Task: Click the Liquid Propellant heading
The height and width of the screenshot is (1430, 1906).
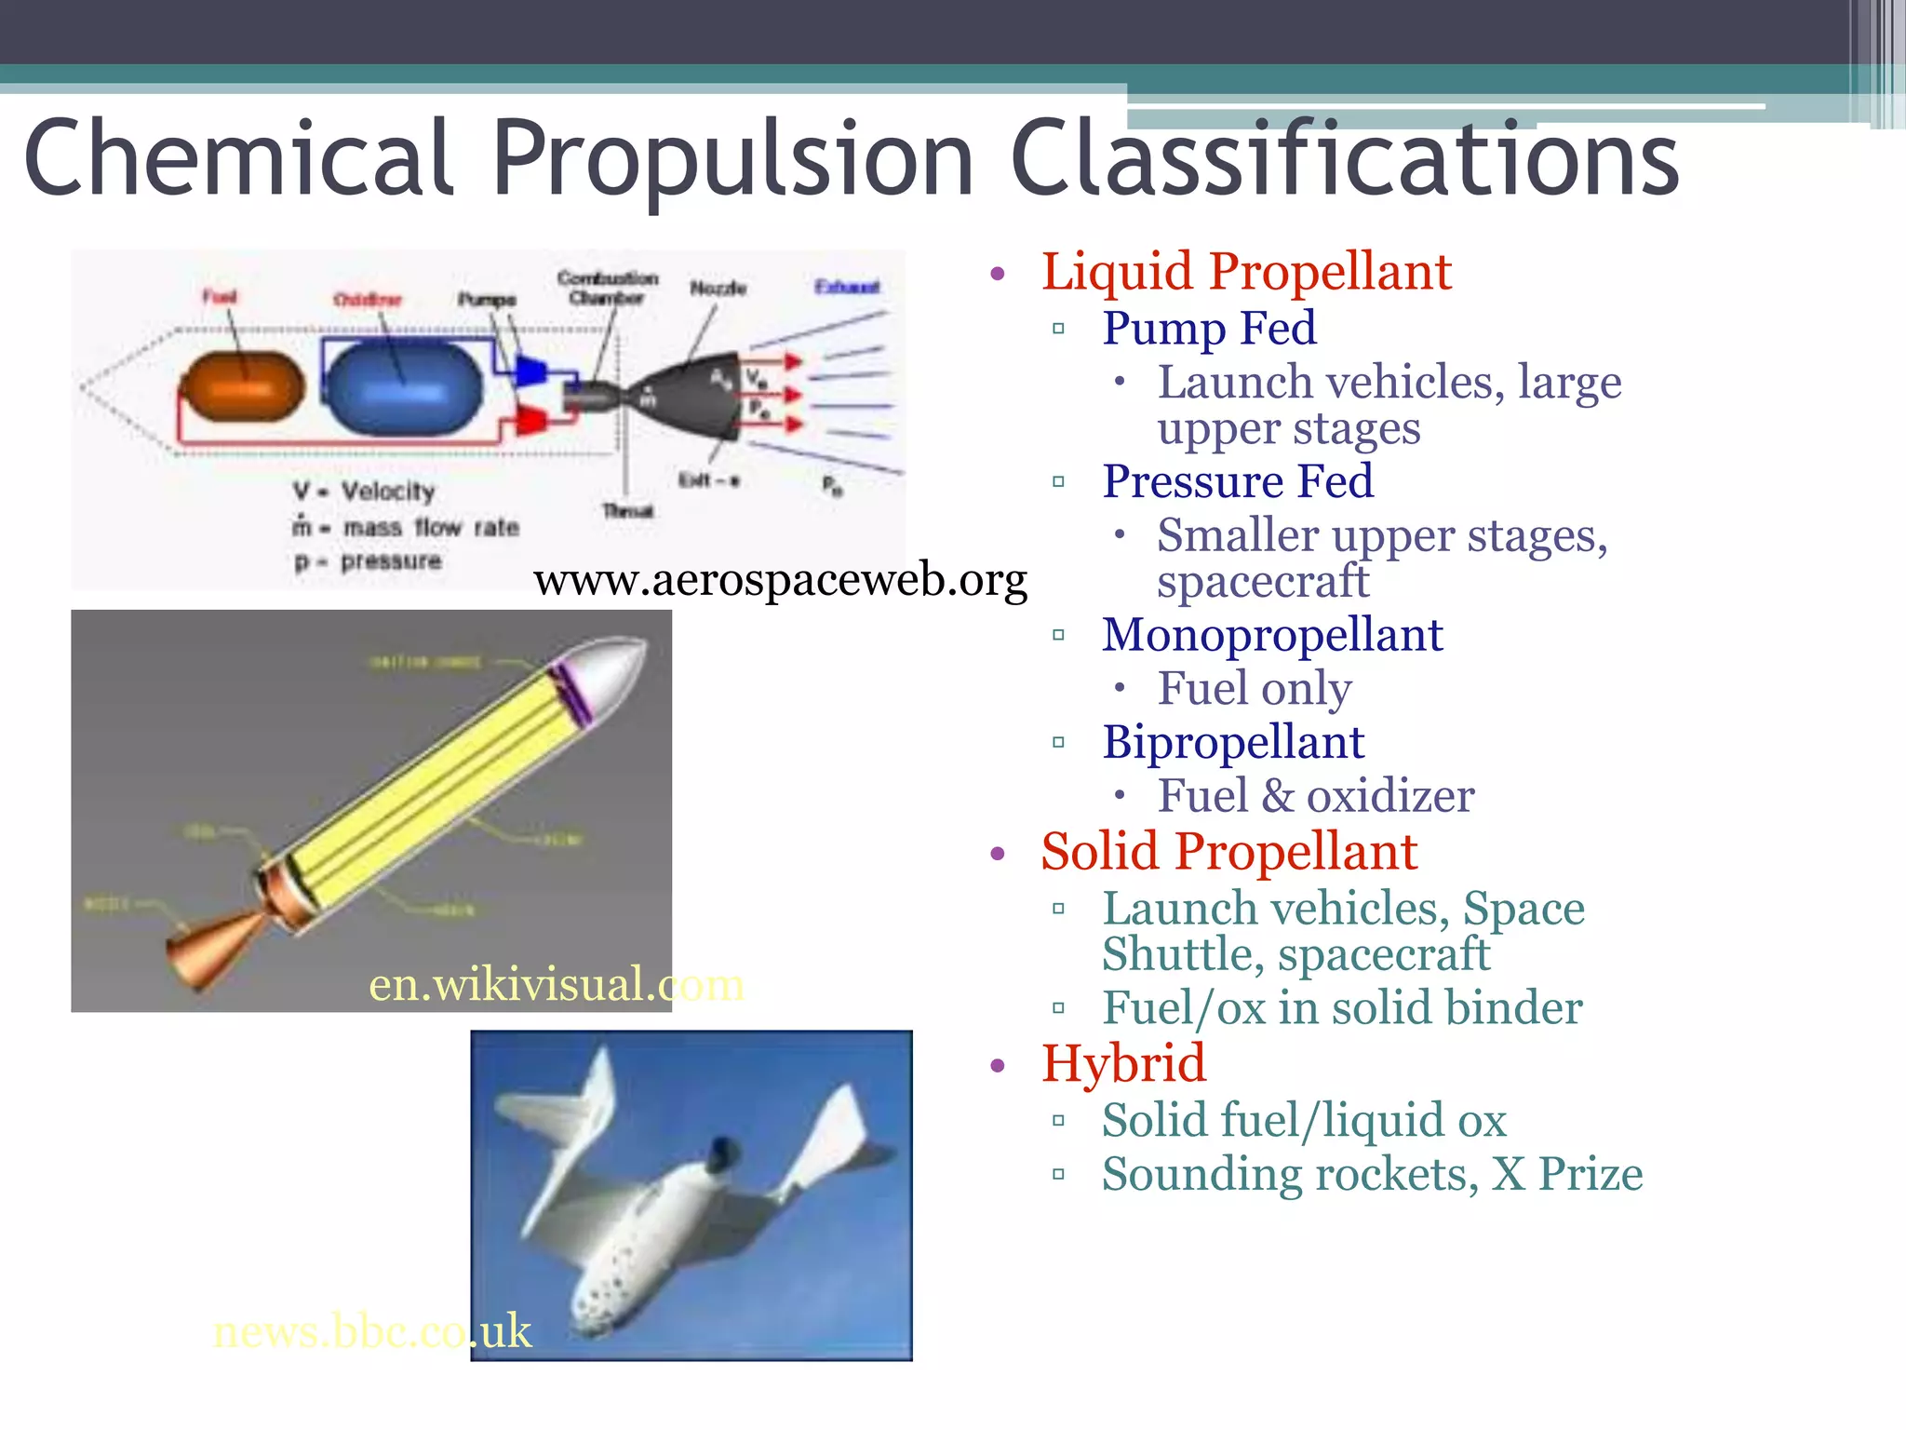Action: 1245,272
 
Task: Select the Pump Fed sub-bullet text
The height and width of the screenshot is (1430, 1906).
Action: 1209,329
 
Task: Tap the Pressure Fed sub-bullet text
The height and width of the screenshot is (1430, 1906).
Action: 1237,482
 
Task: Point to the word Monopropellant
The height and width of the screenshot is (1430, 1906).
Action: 1271,636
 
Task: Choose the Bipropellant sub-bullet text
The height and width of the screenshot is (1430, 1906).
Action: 1232,743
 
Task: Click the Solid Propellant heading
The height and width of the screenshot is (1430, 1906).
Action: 1228,852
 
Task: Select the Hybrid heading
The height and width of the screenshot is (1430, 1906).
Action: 1123,1064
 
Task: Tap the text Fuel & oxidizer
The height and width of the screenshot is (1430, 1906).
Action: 1315,797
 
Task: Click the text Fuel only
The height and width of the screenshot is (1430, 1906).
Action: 1254,690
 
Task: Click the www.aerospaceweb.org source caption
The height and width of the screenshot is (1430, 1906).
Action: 780,580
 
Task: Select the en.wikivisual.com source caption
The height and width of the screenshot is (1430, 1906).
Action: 556,985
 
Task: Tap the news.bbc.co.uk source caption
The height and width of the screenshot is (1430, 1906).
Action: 371,1331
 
